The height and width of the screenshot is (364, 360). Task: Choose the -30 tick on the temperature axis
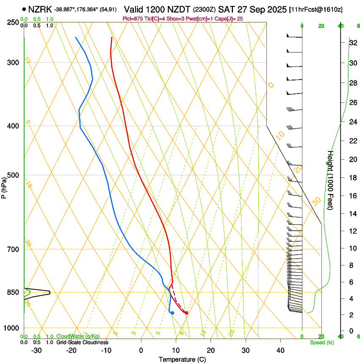[x=36, y=350]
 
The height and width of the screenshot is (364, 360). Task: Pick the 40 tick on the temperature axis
[x=280, y=350]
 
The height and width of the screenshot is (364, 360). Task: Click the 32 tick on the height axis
[x=352, y=43]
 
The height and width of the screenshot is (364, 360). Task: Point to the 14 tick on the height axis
[x=352, y=214]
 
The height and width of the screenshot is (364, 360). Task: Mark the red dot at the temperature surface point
[x=186, y=313]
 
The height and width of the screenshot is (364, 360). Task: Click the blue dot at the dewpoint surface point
[x=172, y=313]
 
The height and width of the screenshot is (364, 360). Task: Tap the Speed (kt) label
[x=321, y=342]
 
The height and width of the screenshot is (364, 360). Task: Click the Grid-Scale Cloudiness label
[x=82, y=342]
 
